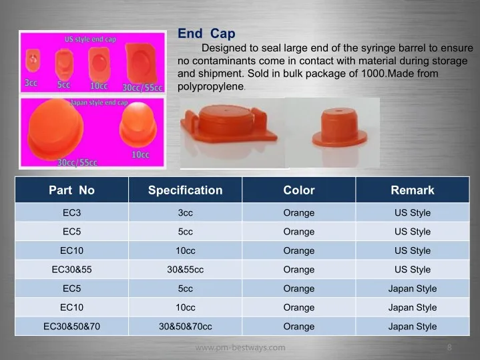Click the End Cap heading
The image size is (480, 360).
click(206, 33)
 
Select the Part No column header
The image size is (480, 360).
click(71, 190)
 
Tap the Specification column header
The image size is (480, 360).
click(185, 190)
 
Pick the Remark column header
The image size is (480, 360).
click(413, 190)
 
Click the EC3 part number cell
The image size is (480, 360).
click(71, 212)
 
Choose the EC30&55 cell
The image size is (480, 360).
click(71, 270)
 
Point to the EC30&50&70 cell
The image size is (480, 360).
click(71, 327)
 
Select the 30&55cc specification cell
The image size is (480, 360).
click(185, 270)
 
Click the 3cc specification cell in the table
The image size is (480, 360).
click(185, 212)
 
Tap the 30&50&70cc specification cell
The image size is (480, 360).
click(185, 327)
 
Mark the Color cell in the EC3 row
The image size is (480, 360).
click(299, 212)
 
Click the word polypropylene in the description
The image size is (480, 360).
click(210, 87)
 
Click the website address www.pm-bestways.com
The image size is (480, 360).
click(240, 347)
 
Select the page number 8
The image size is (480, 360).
click(449, 347)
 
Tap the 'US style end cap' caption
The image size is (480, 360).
click(90, 39)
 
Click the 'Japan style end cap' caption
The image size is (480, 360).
click(99, 102)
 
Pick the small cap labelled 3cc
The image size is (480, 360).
click(33, 60)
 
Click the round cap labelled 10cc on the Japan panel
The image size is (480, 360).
click(138, 125)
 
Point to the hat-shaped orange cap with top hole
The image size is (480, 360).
click(340, 127)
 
